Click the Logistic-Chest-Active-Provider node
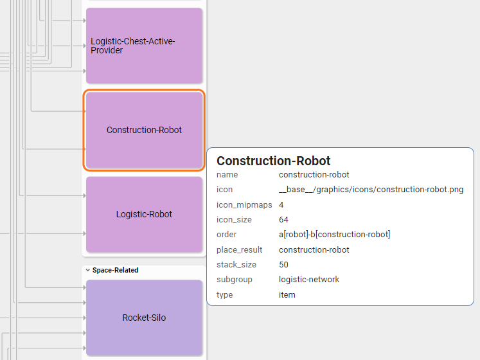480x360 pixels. click(144, 45)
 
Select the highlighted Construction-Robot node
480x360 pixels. click(144, 130)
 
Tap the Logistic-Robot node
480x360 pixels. click(144, 214)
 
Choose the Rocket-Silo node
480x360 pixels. click(144, 318)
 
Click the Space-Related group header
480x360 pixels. click(115, 270)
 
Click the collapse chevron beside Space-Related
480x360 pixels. click(87, 270)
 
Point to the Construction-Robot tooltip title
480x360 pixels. click(273, 161)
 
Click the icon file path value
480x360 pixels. click(371, 190)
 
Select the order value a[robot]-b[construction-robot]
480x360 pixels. click(334, 235)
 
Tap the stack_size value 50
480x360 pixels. click(283, 264)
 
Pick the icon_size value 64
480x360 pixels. click(283, 220)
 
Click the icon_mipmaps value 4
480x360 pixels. click(281, 204)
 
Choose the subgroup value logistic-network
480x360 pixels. click(309, 280)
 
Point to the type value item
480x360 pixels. click(287, 294)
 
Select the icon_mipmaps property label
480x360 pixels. click(244, 204)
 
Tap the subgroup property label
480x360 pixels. click(235, 280)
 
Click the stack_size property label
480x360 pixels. click(236, 264)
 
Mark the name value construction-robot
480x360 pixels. click(314, 174)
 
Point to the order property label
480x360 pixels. click(226, 235)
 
